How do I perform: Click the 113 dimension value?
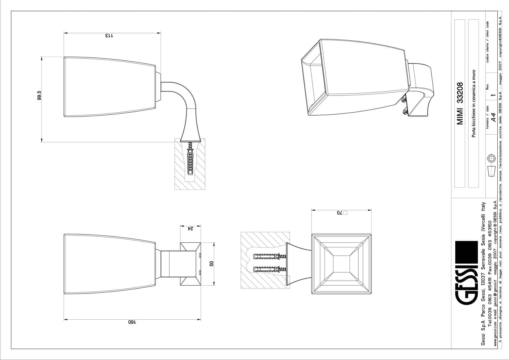click(x=109, y=36)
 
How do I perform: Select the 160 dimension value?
click(x=132, y=322)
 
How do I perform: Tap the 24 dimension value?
click(x=190, y=228)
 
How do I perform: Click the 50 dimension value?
click(x=211, y=264)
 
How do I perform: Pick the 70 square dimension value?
click(x=342, y=213)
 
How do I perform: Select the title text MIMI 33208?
click(x=460, y=104)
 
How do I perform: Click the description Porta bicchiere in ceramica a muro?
click(x=474, y=103)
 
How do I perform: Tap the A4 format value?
click(x=493, y=118)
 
